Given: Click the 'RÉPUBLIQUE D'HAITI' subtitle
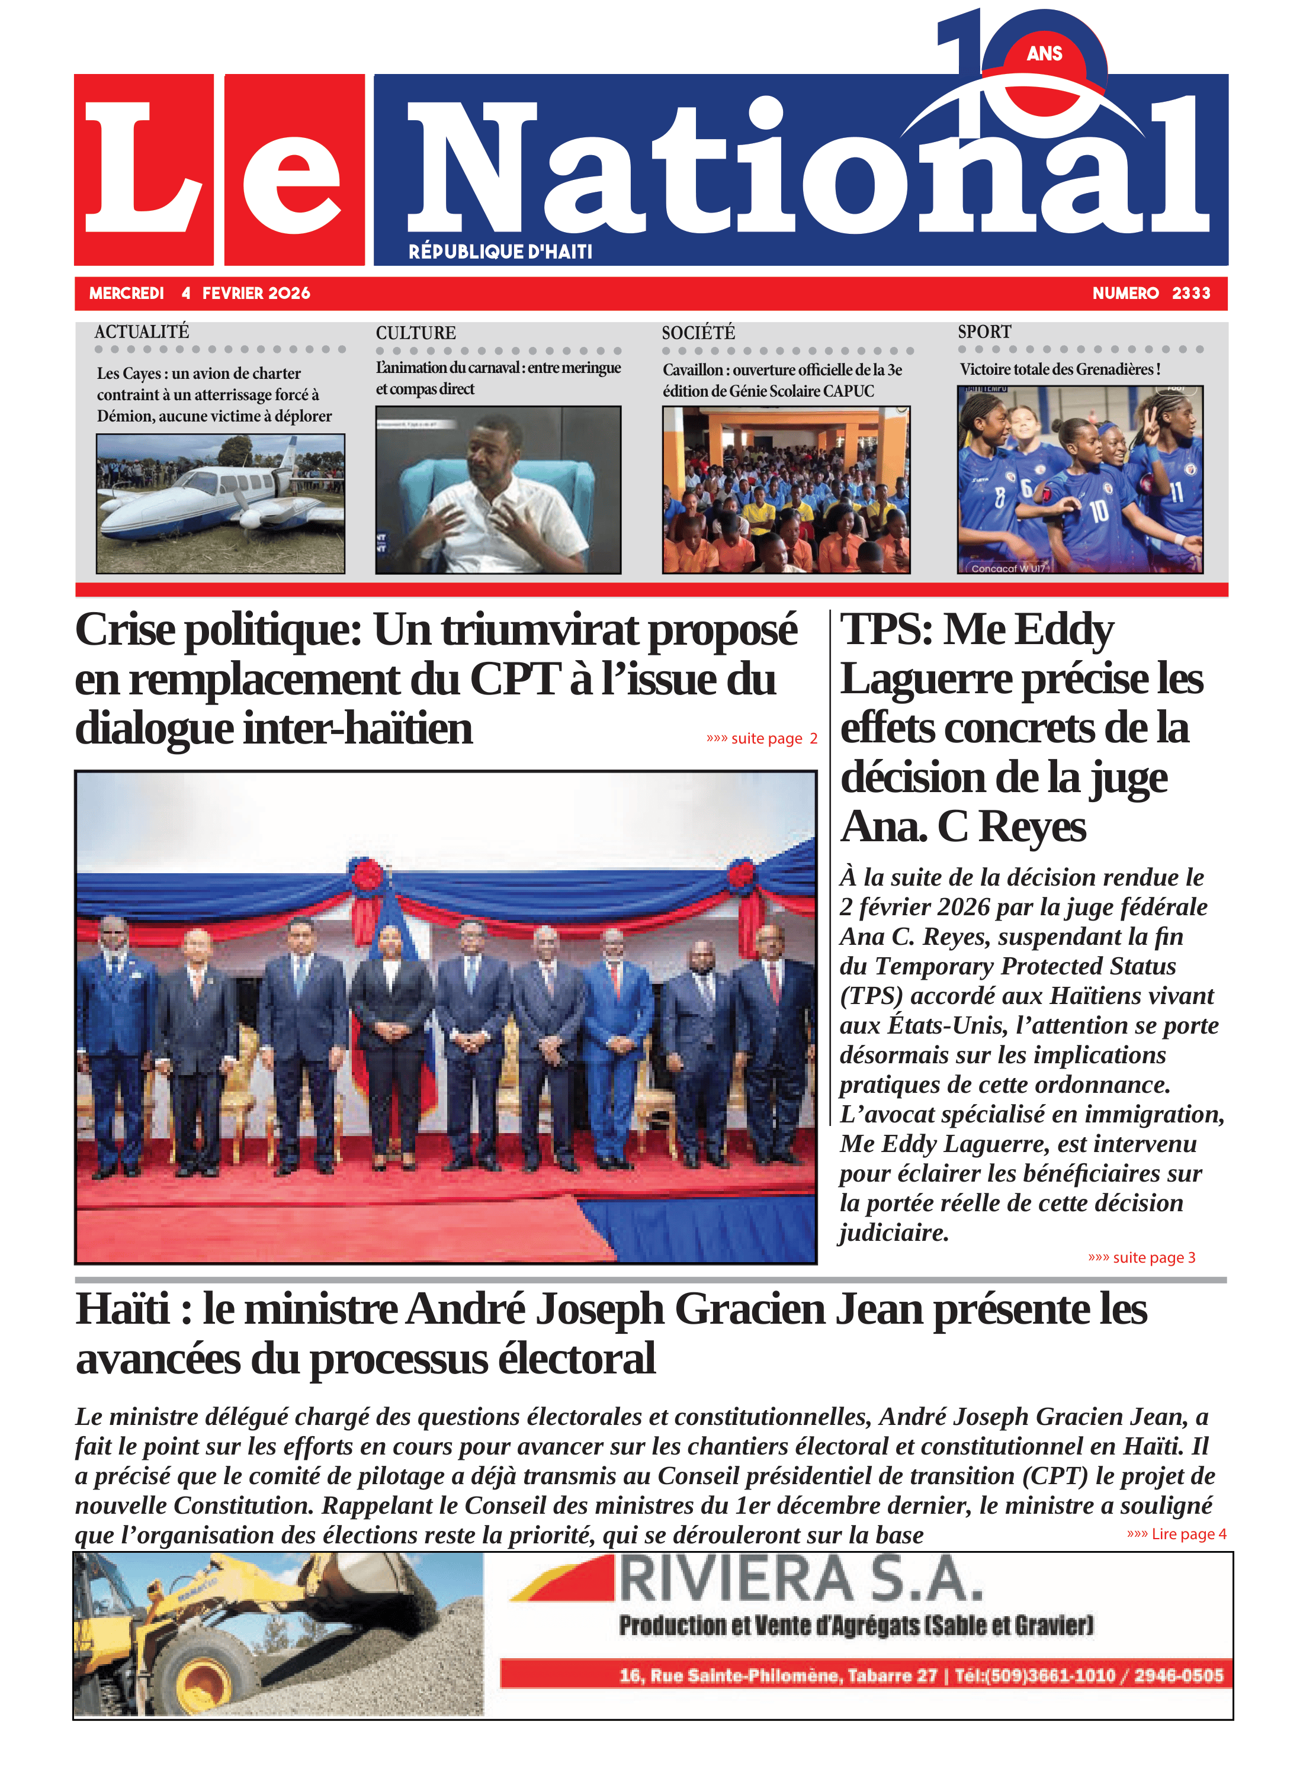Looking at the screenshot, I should click(x=500, y=252).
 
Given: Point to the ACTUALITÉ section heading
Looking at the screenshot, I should click(x=142, y=332).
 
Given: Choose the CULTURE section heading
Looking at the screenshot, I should click(x=416, y=333).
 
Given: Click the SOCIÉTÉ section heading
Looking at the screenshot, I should click(x=698, y=333).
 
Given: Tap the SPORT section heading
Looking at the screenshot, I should click(x=984, y=332).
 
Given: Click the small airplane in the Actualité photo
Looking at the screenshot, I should click(x=213, y=497).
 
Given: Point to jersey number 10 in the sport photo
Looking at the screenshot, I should click(x=1099, y=513).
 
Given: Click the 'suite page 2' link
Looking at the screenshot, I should click(x=762, y=739).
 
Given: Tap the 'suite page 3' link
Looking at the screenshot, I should click(x=1141, y=1257).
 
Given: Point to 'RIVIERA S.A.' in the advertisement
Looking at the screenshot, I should click(x=801, y=1581).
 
